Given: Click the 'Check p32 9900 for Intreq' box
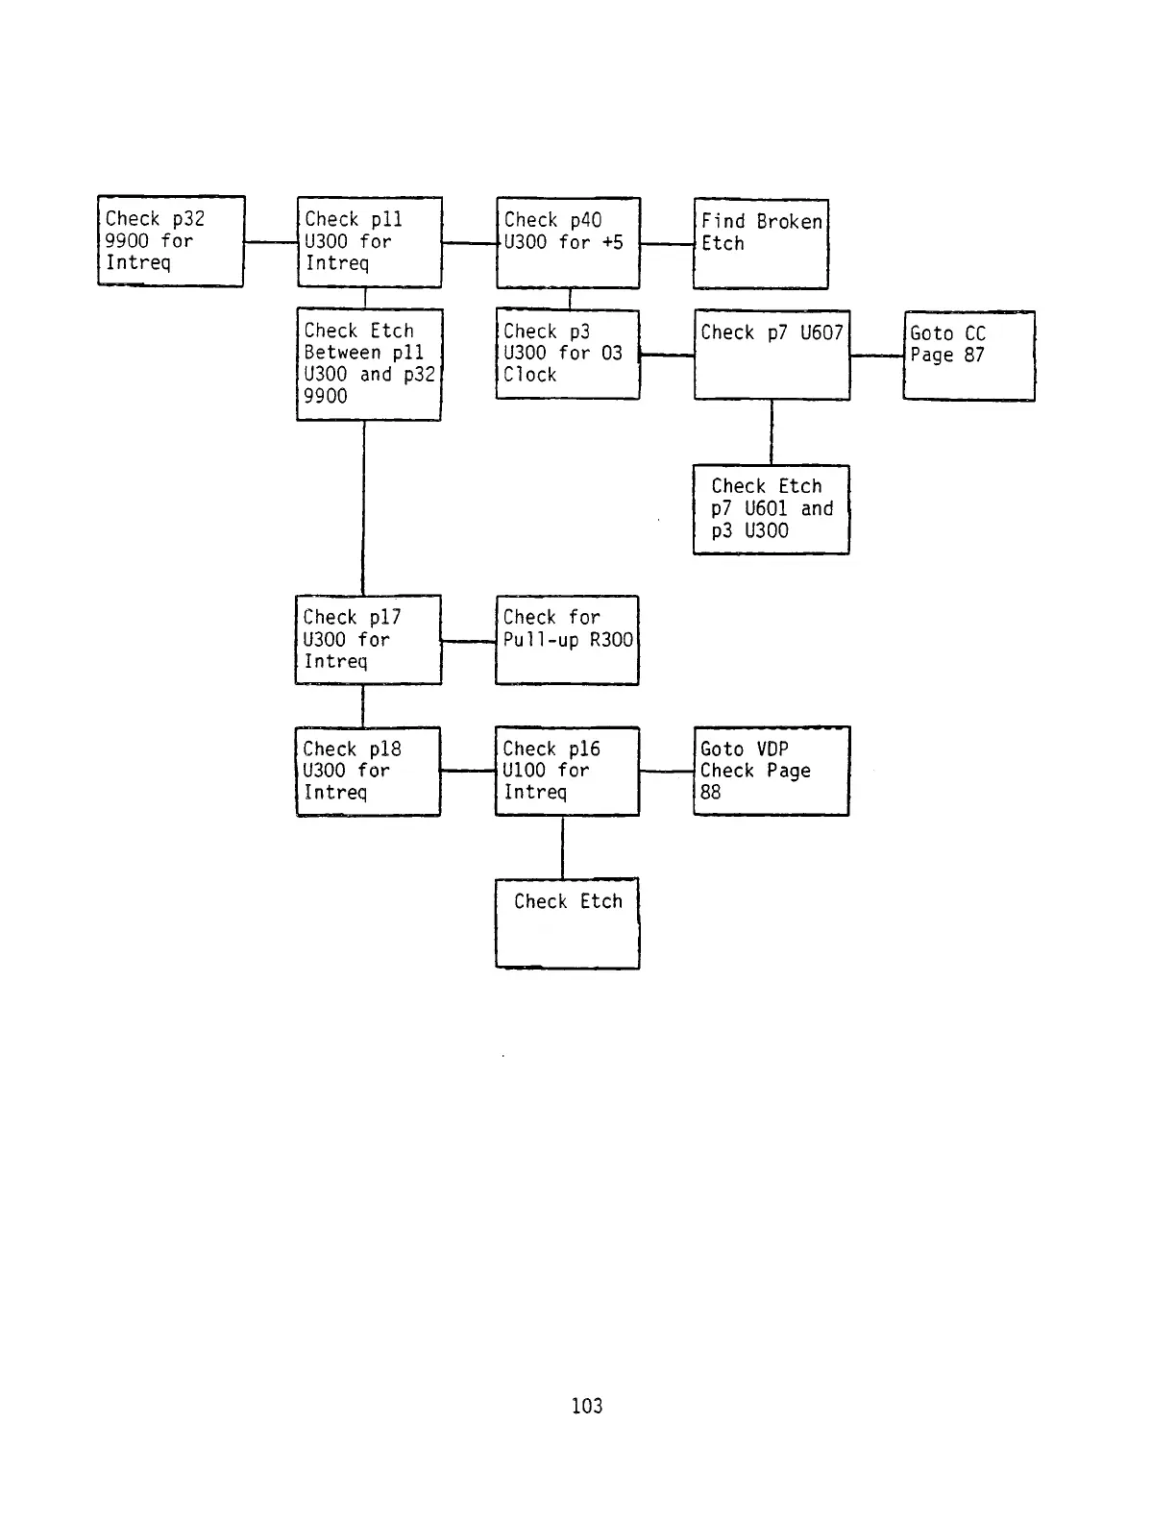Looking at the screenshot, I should pos(171,241).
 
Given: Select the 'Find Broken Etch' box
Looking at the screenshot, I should pos(761,244).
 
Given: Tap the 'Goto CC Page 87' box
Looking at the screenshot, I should pos(968,356).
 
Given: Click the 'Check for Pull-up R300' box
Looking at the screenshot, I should pos(567,640).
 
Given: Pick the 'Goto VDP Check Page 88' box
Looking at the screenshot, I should pos(772,771).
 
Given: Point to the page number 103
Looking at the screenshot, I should pos(587,1406).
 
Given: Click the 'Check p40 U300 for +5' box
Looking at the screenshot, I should pos(568,242).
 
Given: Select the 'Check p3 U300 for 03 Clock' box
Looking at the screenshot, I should pos(568,354).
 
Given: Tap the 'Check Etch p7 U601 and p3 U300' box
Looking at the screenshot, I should pos(772,509).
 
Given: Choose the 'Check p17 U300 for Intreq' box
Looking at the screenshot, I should pos(368,640).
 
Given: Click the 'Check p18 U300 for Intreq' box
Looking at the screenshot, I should pos(368,771).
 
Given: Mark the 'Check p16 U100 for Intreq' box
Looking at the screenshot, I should pos(567,771).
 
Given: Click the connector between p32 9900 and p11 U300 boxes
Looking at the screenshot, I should pos(271,242).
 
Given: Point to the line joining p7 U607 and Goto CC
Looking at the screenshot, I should pos(876,356).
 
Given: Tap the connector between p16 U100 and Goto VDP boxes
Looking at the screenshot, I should pos(666,771).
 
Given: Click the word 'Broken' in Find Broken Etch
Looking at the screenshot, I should pos(789,222).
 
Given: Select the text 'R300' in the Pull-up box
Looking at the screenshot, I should pos(611,640).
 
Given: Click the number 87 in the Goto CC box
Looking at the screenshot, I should pos(973,356).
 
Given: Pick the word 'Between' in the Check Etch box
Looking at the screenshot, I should pos(342,353).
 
